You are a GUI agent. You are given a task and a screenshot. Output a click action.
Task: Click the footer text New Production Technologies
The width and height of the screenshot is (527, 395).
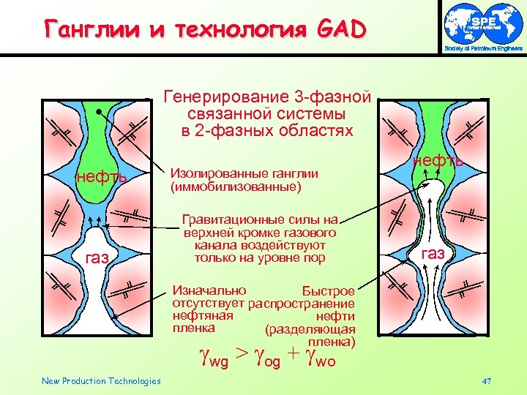[101, 380]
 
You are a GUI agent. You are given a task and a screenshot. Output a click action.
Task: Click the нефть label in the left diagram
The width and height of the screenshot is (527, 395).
[102, 177]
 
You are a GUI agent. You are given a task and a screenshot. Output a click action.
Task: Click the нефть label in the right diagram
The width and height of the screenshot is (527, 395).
[438, 160]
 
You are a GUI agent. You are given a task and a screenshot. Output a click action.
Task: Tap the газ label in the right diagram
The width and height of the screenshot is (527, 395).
[433, 253]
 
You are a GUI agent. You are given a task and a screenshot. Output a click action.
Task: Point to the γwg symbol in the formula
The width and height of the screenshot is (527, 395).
[215, 358]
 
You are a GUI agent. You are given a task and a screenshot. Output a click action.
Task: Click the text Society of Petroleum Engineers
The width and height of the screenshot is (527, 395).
[484, 49]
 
